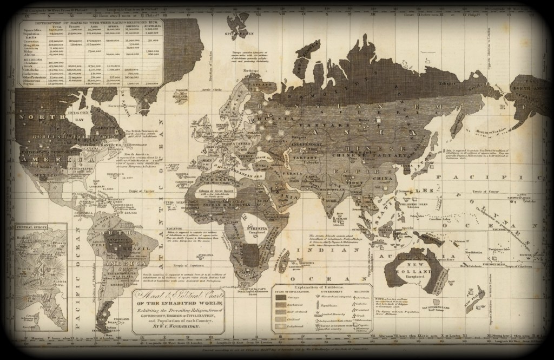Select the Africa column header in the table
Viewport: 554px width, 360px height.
click(113, 27)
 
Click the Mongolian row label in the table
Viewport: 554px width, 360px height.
click(28, 45)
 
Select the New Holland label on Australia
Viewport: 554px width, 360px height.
click(411, 264)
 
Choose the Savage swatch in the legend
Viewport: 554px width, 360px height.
click(282, 298)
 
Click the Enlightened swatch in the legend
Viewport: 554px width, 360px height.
click(282, 328)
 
